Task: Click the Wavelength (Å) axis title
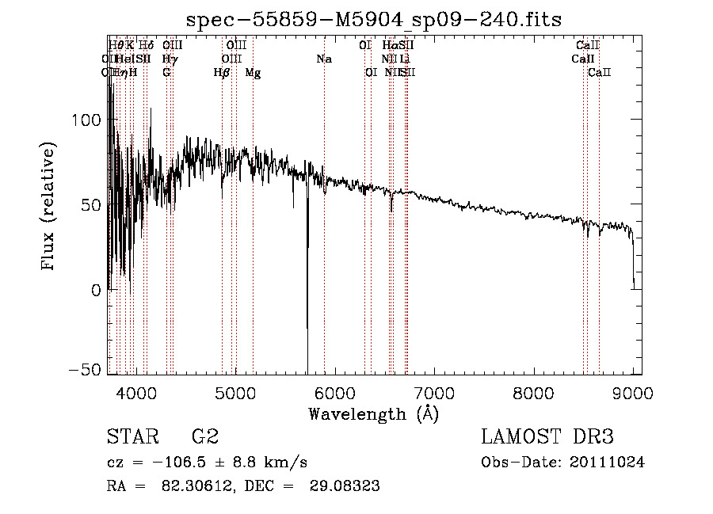pyautogui.click(x=373, y=413)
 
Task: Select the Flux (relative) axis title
pyautogui.click(x=49, y=206)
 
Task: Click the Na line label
pyautogui.click(x=323, y=59)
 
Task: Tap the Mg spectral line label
pyautogui.click(x=253, y=73)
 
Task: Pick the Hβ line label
pyautogui.click(x=222, y=73)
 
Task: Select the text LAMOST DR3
pyautogui.click(x=547, y=436)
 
